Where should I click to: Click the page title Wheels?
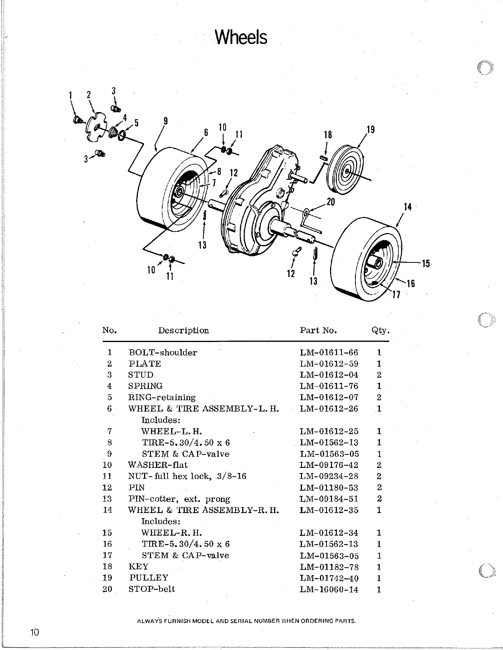[x=241, y=38]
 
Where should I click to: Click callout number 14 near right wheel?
[x=408, y=207]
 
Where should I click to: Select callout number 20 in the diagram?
[x=330, y=202]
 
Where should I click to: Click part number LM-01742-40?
[x=329, y=578]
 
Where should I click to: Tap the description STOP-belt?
[x=152, y=589]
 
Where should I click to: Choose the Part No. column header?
[x=318, y=330]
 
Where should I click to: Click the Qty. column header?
[x=380, y=330]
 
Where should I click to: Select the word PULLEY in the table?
[x=148, y=578]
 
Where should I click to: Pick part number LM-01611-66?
[x=329, y=352]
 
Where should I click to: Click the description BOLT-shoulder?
[x=163, y=352]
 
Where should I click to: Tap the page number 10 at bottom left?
[x=34, y=632]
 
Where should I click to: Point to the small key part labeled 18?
[x=323, y=158]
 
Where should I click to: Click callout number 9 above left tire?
[x=165, y=121]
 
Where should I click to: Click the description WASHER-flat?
[x=158, y=465]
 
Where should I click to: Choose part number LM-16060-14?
[x=329, y=589]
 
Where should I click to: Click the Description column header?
[x=183, y=330]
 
